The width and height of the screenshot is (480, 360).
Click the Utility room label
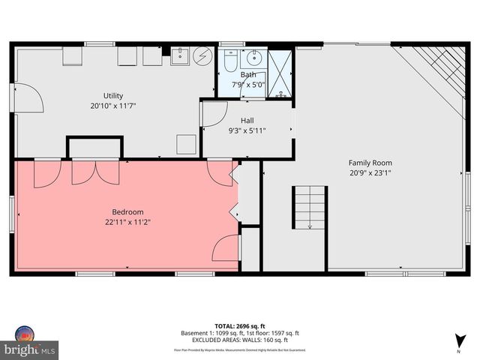[113, 95]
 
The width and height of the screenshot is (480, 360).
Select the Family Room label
[370, 163]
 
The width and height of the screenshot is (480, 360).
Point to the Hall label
[247, 120]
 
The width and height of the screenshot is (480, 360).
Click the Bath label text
[247, 75]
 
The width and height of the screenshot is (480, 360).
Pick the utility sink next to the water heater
[181, 56]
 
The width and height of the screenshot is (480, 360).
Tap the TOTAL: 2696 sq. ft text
[240, 326]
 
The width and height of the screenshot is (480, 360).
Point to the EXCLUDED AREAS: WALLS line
[240, 340]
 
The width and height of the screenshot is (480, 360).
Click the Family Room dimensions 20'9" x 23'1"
[370, 173]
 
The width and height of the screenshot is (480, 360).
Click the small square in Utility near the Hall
[186, 144]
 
